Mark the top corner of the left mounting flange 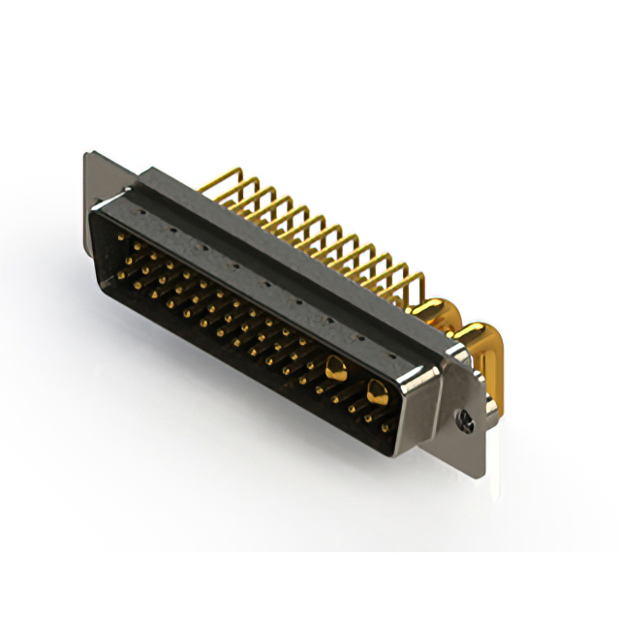click(x=88, y=152)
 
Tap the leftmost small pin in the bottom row click(x=119, y=275)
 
